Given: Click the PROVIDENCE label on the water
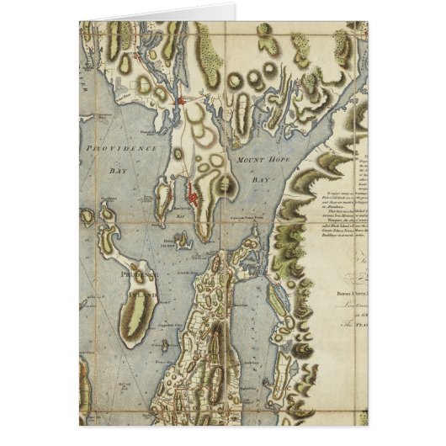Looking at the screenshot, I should tap(123, 147).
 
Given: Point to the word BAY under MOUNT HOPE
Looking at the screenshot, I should tap(260, 180).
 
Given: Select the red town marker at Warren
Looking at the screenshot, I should tap(183, 101).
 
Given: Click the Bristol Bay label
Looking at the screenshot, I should tap(178, 215).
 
